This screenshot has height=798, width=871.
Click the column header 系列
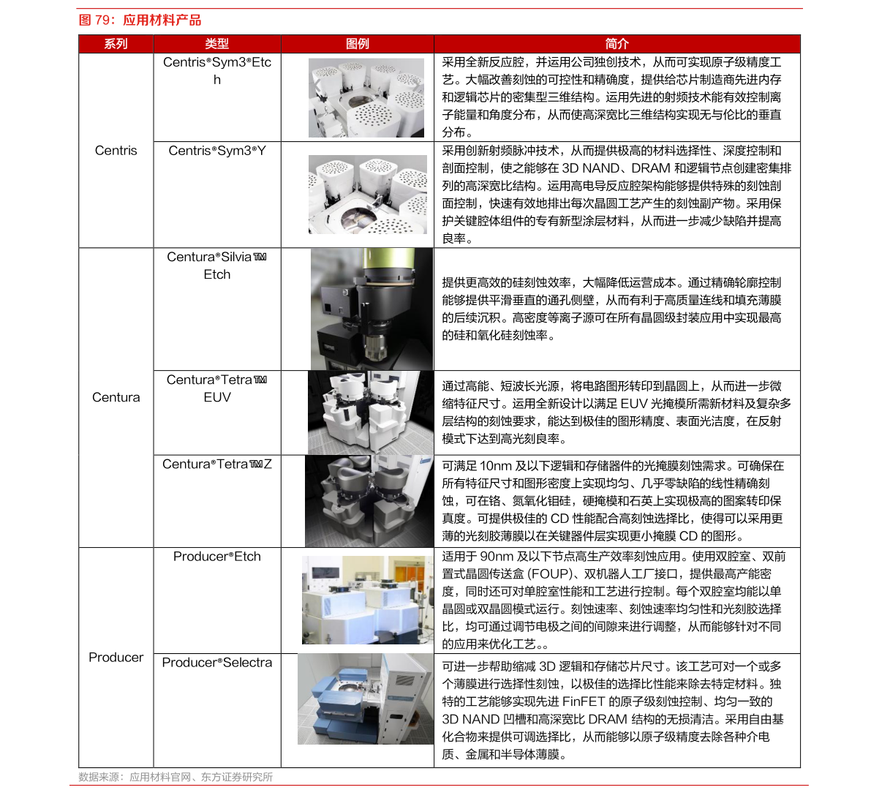coord(116,44)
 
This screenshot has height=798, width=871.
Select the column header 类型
coord(216,44)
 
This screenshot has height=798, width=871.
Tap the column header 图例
coord(357,44)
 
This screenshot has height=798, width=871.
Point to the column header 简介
coord(617,44)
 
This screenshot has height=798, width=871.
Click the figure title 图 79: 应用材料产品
coord(140,20)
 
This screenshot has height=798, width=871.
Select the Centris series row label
coord(116,151)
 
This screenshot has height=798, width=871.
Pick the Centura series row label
coord(116,397)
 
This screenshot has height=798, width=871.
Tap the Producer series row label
coord(116,658)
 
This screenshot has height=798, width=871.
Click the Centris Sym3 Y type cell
coord(217,151)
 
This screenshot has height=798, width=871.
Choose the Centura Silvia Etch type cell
coord(216,266)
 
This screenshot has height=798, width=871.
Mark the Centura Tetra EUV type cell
coord(216,388)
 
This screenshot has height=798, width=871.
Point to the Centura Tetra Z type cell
coord(217,464)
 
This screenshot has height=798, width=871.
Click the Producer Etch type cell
coord(216,557)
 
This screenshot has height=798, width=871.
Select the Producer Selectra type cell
coord(217,663)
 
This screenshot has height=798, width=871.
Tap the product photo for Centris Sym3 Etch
coord(366,98)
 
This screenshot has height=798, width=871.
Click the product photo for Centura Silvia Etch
coord(372,309)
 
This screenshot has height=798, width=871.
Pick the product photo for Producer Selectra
coord(366,699)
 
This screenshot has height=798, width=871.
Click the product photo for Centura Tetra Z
coord(369,501)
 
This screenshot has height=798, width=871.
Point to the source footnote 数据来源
coord(176,777)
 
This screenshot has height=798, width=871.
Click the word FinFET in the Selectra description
coord(584,701)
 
